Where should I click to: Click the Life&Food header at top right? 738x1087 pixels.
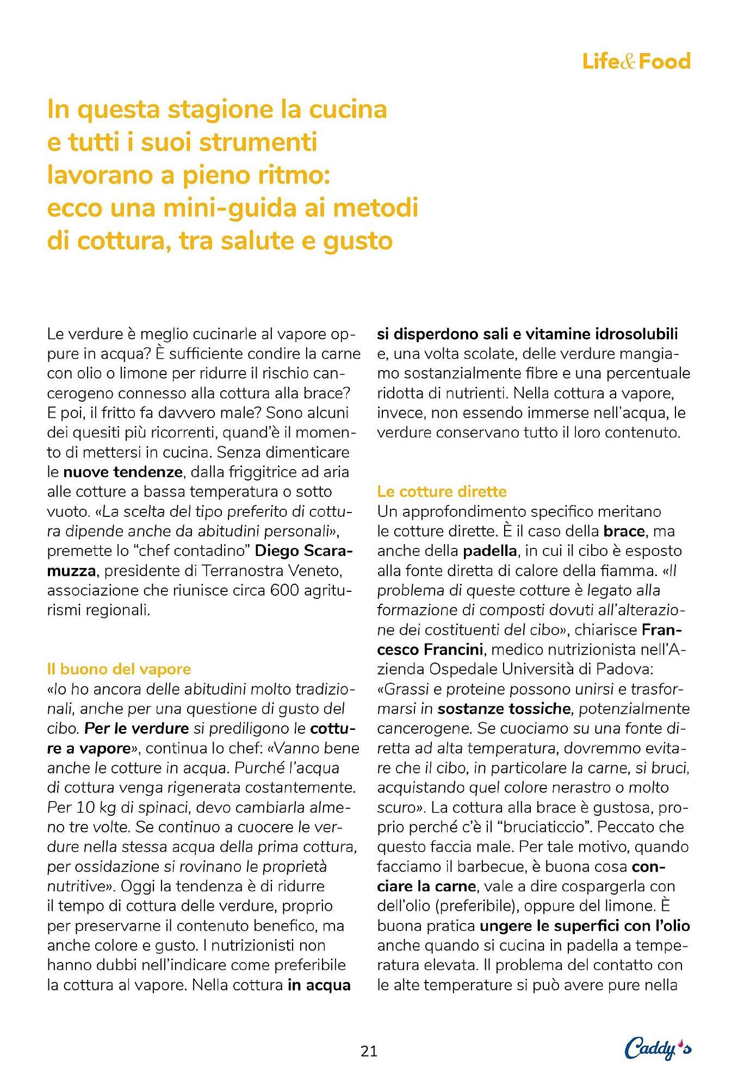636,61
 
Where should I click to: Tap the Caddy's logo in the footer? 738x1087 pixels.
658,1048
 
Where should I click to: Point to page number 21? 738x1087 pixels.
369,1051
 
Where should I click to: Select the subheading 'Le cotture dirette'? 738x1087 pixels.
442,491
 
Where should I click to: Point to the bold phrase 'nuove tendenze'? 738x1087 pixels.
123,472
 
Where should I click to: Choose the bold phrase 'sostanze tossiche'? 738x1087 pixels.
504,708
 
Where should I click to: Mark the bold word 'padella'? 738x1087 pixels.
489,551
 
